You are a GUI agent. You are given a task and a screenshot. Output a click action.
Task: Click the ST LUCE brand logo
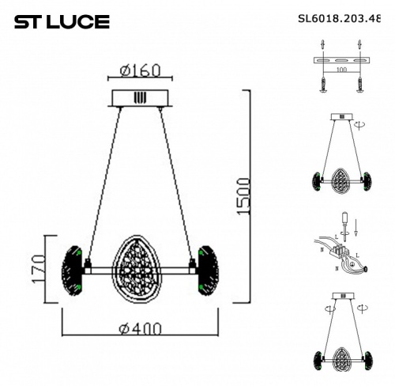(x=62, y=22)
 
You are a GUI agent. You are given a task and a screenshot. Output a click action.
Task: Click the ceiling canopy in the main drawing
(x=140, y=98)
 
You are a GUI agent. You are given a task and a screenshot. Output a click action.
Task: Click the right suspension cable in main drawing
(x=176, y=182)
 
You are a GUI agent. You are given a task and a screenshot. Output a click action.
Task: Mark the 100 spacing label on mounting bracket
(x=341, y=70)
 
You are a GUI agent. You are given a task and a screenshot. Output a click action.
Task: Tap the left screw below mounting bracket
(x=323, y=82)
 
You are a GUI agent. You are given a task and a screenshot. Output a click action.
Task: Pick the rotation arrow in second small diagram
(x=361, y=125)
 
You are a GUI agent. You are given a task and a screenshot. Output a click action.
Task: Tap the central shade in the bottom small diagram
(x=341, y=343)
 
